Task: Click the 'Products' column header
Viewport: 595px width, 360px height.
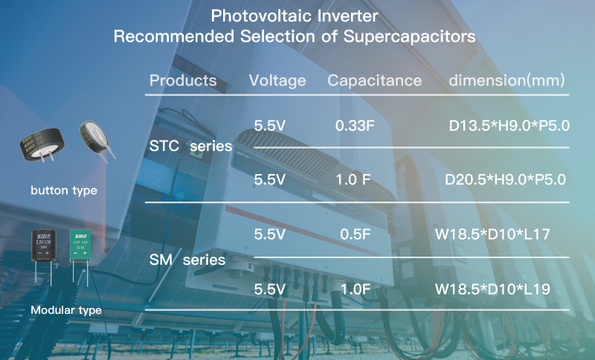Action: (x=183, y=80)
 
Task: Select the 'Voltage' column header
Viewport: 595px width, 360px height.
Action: (x=277, y=81)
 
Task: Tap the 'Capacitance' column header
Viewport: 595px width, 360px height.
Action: (x=375, y=81)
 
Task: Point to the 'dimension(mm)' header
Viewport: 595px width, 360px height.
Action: (x=506, y=80)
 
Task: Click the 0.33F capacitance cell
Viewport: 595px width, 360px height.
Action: (x=355, y=126)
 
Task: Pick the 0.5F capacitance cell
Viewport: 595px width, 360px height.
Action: (x=356, y=234)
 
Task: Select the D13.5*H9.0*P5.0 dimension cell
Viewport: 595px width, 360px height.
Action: (x=509, y=126)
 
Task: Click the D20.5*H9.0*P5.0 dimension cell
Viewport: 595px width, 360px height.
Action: (x=505, y=179)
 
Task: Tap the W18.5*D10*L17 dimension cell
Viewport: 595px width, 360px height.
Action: (x=492, y=234)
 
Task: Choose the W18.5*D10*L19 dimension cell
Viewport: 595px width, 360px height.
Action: (x=492, y=289)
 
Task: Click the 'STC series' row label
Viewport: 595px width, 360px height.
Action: (x=190, y=146)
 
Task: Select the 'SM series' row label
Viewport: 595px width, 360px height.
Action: (x=187, y=260)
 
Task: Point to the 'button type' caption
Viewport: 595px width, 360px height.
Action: (x=64, y=190)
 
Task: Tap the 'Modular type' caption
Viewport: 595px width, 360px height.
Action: (x=66, y=310)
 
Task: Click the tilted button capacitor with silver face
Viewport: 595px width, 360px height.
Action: (x=95, y=138)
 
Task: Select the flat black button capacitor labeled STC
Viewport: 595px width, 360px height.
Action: (x=42, y=144)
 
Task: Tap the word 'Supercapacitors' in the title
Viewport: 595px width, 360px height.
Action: (x=410, y=36)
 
